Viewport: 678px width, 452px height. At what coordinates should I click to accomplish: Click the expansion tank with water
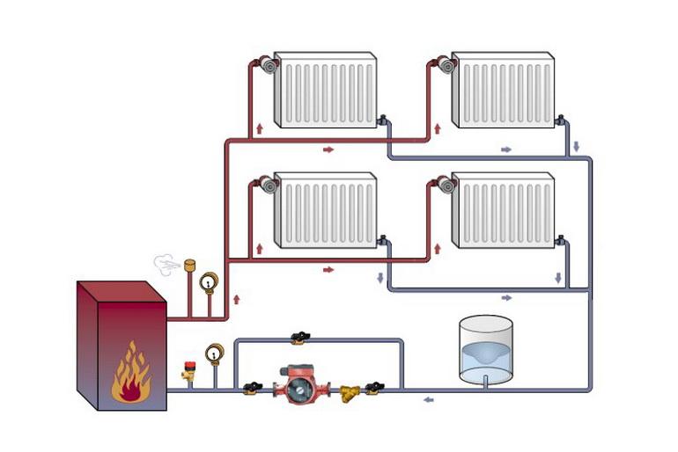click(x=486, y=350)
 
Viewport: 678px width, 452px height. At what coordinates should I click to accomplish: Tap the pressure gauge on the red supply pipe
click(x=208, y=282)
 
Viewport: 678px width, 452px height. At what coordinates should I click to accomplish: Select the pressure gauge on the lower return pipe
click(x=214, y=354)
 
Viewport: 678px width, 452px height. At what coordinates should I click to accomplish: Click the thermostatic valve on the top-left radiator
click(x=266, y=65)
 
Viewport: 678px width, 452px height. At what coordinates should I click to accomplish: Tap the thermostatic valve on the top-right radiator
click(x=445, y=65)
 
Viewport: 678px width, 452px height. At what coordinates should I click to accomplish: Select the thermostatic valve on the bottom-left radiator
click(x=266, y=185)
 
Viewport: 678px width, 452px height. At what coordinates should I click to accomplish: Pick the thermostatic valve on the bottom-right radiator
click(x=445, y=185)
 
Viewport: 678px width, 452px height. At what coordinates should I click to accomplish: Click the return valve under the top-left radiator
click(x=384, y=120)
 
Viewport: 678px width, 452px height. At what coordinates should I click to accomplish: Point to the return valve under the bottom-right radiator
click(x=561, y=238)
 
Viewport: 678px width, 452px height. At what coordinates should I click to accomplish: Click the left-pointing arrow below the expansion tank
click(x=428, y=400)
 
